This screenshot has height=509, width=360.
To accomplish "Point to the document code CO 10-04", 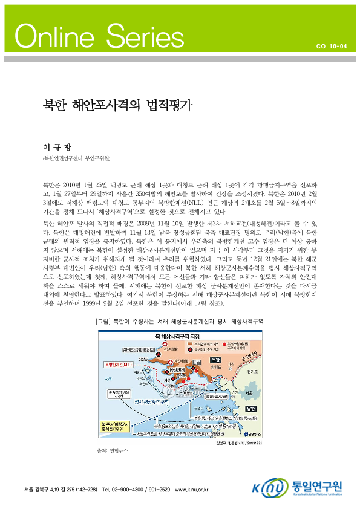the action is coord(332,45).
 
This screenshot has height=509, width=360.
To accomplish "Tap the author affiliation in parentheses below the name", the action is coord(76,158).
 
